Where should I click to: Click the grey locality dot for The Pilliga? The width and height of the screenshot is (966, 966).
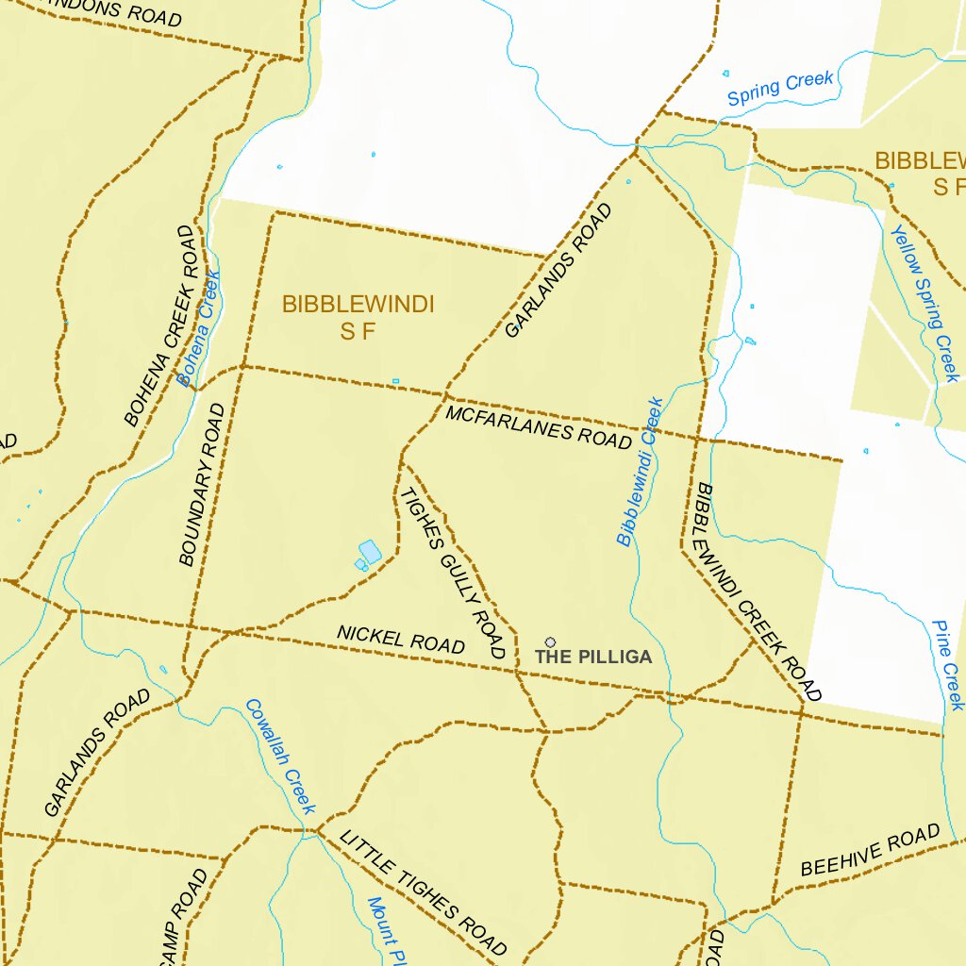550,642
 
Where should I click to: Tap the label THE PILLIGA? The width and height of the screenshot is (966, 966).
593,657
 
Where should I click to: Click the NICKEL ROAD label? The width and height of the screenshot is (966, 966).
402,640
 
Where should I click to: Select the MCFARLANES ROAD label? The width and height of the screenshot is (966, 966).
539,427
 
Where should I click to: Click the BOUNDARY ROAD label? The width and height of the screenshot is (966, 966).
202,484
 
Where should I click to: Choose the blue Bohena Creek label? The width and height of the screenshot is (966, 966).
198,329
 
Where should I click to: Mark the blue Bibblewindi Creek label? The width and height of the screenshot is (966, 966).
641,472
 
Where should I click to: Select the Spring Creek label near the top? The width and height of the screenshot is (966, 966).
780,89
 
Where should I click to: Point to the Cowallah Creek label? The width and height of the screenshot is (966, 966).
279,756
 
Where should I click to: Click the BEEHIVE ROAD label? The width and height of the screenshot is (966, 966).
870,850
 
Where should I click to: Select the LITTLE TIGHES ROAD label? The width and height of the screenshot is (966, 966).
424,893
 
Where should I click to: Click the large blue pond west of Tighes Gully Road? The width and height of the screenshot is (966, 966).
370,552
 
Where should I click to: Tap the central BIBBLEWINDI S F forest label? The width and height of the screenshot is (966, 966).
358,317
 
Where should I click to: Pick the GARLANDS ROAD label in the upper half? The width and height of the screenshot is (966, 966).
558,271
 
